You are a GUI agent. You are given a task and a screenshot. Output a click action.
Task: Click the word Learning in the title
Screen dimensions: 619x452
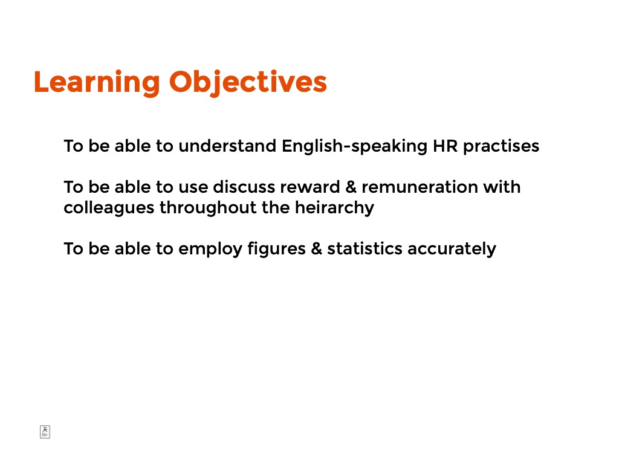(x=97, y=83)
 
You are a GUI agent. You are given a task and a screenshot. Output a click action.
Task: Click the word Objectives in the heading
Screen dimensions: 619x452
(x=248, y=83)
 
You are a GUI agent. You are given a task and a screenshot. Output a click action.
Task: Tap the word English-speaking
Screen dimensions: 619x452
(x=354, y=146)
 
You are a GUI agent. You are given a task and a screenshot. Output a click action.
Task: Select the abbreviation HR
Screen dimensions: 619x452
(x=446, y=146)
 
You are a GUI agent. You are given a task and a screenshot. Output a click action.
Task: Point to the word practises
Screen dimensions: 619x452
(x=501, y=146)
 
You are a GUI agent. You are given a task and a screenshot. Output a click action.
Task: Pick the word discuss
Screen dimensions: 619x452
(x=244, y=187)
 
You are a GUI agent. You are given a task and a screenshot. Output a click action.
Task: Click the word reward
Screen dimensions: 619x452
(x=310, y=187)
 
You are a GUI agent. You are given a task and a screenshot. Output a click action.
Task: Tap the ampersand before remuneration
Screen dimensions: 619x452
(x=351, y=187)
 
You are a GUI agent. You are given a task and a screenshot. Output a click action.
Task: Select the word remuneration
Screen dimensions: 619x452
(x=420, y=187)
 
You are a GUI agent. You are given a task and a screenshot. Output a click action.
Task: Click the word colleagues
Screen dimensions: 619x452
(x=109, y=208)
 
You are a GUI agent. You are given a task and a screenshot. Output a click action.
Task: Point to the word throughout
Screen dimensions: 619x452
(x=208, y=208)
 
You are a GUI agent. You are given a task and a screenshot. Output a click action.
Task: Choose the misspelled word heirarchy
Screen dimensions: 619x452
(x=334, y=208)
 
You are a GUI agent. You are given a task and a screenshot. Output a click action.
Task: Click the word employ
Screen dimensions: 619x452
(x=210, y=250)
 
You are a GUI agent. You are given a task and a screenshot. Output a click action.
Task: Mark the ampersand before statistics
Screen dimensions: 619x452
(x=317, y=249)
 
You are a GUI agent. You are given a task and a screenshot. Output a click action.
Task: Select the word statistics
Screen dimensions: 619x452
(x=365, y=249)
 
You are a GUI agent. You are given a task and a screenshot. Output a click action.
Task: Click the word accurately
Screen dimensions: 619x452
(x=452, y=250)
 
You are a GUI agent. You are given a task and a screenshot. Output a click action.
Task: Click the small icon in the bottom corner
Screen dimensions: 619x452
(x=45, y=432)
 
